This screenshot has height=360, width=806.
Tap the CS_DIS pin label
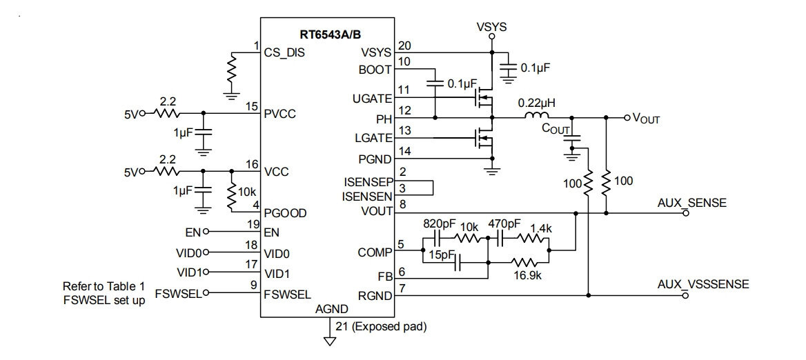click(x=284, y=52)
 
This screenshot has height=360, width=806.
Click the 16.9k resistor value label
click(x=528, y=275)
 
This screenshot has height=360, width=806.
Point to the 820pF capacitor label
click(x=438, y=224)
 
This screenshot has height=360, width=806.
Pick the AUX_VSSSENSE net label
click(x=703, y=284)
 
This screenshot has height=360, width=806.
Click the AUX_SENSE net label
click(x=692, y=203)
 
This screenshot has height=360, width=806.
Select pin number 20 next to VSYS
click(x=404, y=46)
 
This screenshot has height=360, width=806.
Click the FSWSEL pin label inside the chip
click(x=287, y=294)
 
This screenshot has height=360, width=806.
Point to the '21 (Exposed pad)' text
click(x=381, y=326)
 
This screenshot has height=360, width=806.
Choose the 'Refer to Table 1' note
click(x=104, y=286)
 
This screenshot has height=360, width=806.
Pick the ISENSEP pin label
click(x=368, y=182)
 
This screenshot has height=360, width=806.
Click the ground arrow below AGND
click(x=329, y=341)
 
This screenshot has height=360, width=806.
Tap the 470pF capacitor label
click(x=504, y=224)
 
